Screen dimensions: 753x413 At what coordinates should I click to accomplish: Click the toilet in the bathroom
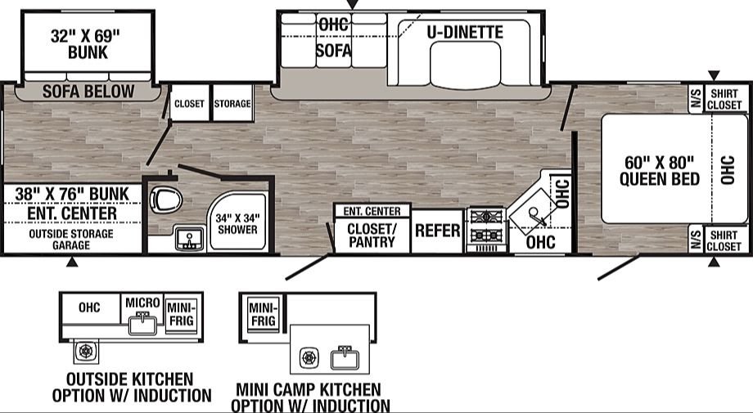coord(165,200)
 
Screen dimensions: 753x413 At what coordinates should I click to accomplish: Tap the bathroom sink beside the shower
coord(190,239)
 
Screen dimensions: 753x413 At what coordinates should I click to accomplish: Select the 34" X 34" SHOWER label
coord(237,224)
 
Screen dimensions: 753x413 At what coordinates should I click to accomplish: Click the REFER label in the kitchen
coord(438,231)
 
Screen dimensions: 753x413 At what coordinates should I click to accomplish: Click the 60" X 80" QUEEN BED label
coord(659,171)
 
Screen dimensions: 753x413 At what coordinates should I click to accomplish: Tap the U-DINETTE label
coord(465,32)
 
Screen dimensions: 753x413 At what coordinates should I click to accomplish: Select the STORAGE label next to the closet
coord(232,104)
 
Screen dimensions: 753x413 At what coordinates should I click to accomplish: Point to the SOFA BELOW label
coord(88,91)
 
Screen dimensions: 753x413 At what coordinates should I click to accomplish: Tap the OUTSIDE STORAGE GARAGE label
coord(71,240)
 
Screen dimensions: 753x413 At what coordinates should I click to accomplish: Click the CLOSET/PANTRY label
coord(372,235)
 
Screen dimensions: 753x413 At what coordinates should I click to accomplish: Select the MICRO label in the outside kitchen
coord(142,303)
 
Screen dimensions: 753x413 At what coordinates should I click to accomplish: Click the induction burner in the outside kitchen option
coord(86,351)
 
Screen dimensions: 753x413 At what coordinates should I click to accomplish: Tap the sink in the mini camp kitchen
coord(345,358)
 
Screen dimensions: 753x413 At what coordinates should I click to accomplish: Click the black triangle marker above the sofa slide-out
coord(353,4)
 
